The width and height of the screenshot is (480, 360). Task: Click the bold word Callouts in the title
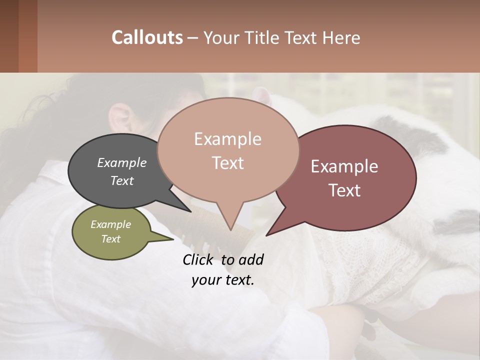click(x=147, y=37)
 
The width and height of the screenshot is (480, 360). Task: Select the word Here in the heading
click(x=340, y=37)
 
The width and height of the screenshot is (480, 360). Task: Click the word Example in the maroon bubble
click(x=344, y=166)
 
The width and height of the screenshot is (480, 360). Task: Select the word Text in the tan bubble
click(x=228, y=163)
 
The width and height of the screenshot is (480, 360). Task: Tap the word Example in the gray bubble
click(x=122, y=162)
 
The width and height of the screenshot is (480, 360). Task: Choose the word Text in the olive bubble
click(x=111, y=239)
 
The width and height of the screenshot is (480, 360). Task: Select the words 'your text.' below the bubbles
click(x=223, y=280)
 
